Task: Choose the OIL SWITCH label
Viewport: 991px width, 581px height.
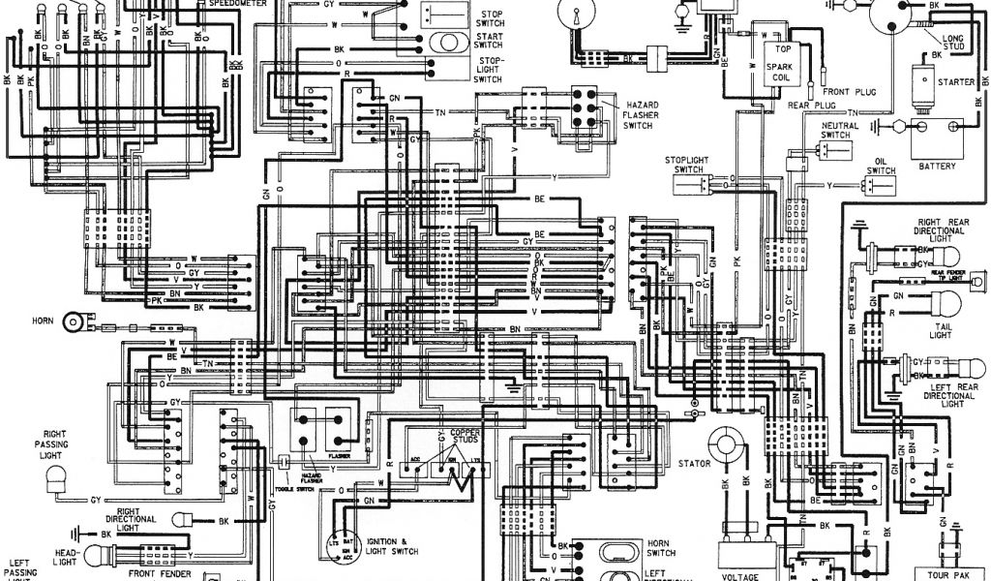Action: pos(882,167)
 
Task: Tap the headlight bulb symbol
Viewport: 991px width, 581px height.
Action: pos(100,555)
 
